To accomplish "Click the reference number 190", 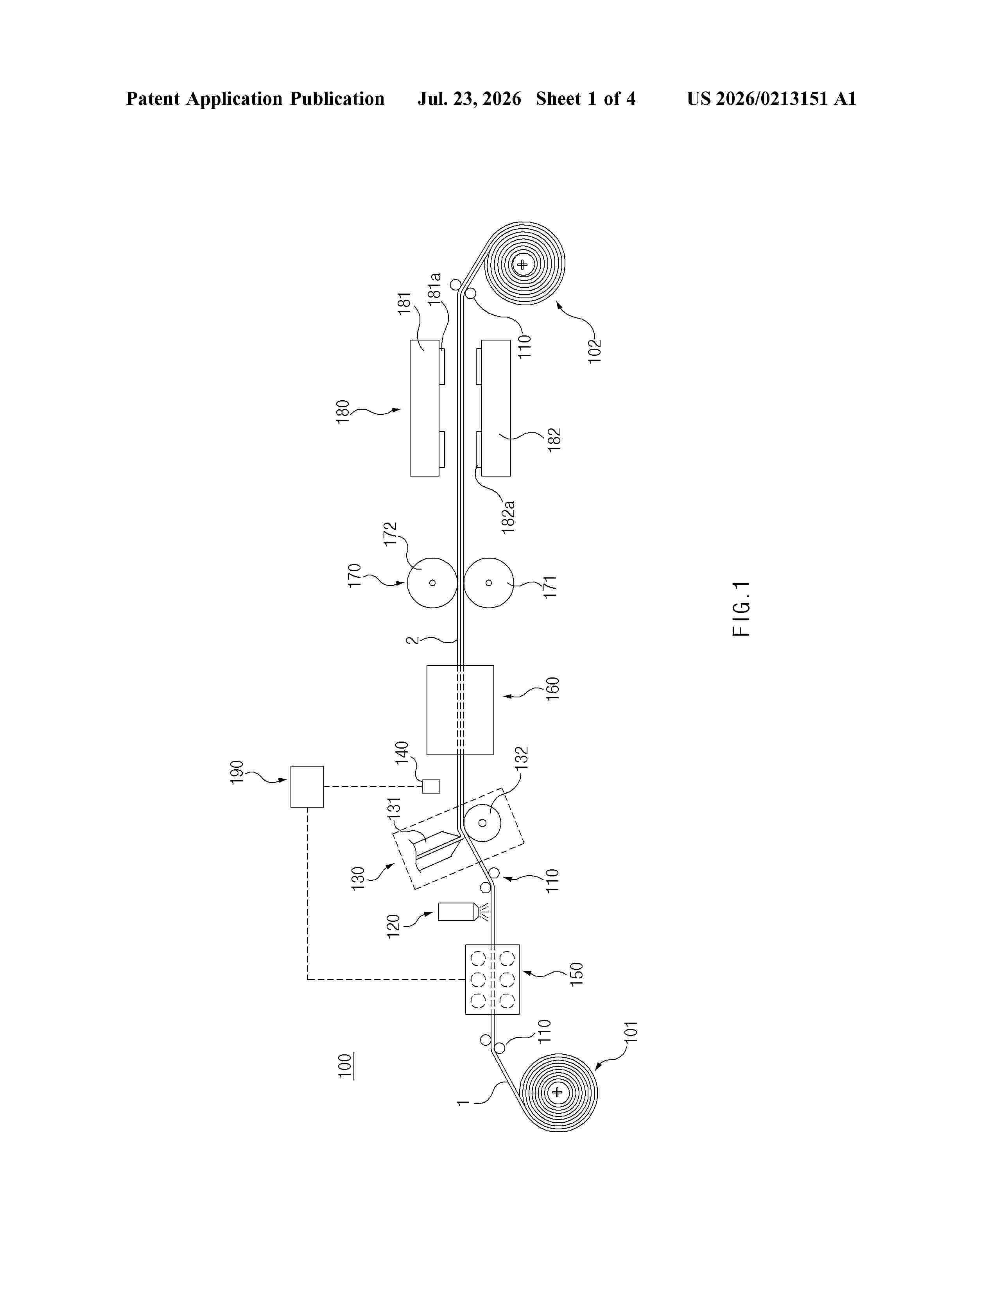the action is [236, 772].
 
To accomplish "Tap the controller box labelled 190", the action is [307, 786].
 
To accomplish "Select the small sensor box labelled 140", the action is [431, 786].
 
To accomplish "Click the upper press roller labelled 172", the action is [432, 582].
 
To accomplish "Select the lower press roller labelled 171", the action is [488, 582].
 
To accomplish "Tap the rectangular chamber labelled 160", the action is [460, 709].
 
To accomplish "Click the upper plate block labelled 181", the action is [425, 408].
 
